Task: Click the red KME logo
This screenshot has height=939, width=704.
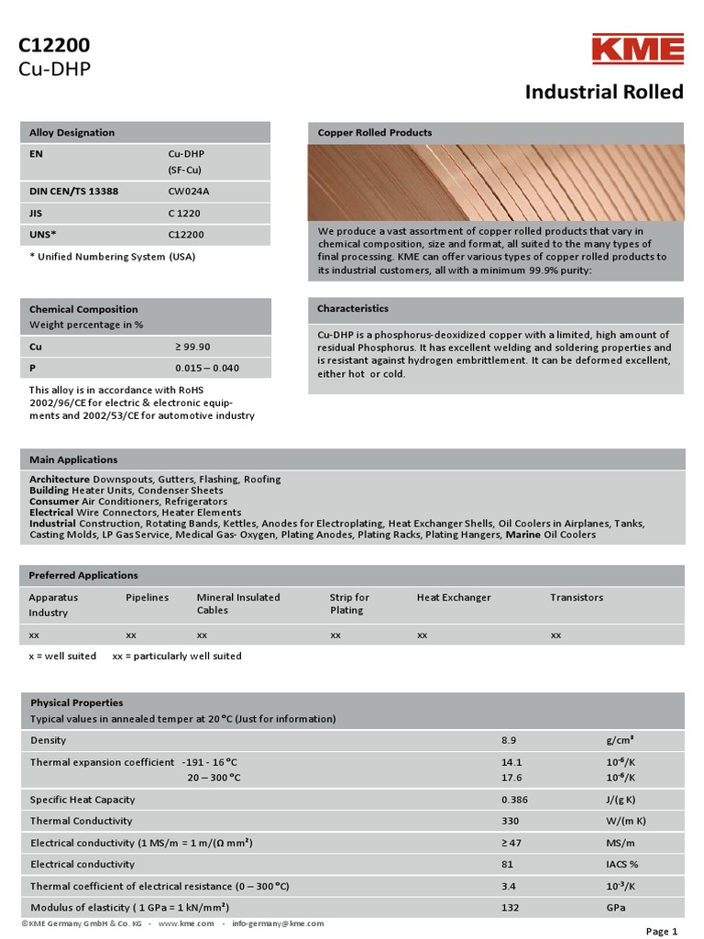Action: (x=637, y=50)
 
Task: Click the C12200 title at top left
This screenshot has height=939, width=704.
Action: (x=54, y=46)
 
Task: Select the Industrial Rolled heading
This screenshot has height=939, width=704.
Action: (x=603, y=92)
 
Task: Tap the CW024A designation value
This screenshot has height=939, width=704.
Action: (x=187, y=192)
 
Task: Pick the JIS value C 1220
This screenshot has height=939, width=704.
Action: (x=184, y=213)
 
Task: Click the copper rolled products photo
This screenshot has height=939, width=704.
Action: (x=495, y=183)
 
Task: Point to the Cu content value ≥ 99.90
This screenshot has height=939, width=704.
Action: (x=192, y=347)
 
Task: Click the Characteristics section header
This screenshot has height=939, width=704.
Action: (x=353, y=309)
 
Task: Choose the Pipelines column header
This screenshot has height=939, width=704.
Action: (x=147, y=597)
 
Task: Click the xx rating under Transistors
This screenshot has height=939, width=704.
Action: (x=555, y=634)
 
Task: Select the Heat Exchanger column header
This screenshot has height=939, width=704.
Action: (x=454, y=597)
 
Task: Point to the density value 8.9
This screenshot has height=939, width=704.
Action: (x=509, y=740)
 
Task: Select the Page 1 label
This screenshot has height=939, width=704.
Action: (x=662, y=932)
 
